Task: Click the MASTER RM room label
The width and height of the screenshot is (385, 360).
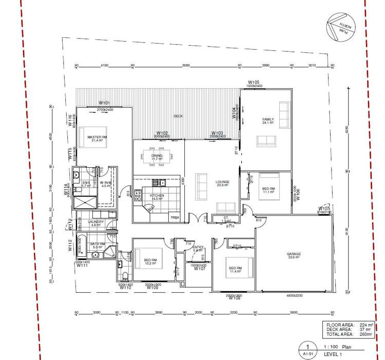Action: click(97, 137)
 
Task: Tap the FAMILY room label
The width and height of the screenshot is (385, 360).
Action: click(268, 119)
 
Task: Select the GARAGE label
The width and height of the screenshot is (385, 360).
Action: click(294, 254)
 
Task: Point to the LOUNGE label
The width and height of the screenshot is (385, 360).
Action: click(222, 182)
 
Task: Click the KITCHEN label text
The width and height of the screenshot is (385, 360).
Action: click(157, 196)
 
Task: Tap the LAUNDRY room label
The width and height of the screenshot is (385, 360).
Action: click(96, 222)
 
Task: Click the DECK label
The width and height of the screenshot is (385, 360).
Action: click(178, 116)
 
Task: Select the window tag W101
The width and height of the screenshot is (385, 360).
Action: click(105, 103)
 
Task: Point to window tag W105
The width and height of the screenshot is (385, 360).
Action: click(254, 82)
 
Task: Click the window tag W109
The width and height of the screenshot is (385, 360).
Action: click(152, 288)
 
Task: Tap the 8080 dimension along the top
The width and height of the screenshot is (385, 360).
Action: click(186, 66)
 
